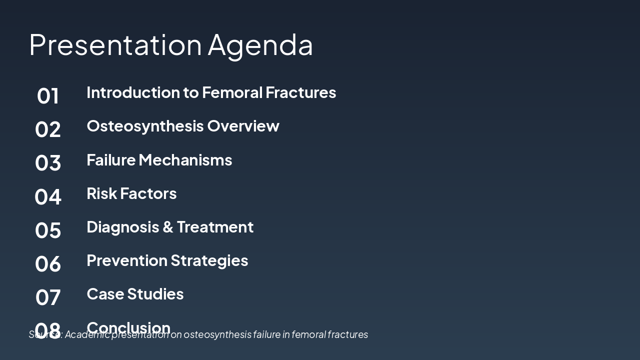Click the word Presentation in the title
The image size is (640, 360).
(x=115, y=44)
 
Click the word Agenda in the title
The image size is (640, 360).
(x=260, y=44)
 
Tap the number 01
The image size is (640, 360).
(x=48, y=96)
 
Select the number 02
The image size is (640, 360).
(x=48, y=129)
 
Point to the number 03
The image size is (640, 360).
(x=48, y=163)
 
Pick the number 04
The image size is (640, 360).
(x=48, y=196)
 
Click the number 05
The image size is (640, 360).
(x=48, y=230)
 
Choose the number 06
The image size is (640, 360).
(x=48, y=263)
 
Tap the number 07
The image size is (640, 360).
(x=48, y=297)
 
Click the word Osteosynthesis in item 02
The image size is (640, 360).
(x=145, y=126)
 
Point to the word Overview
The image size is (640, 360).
(x=243, y=126)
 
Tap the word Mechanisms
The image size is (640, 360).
(x=185, y=160)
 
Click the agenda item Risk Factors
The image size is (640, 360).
(x=131, y=193)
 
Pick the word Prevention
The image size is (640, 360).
(x=127, y=260)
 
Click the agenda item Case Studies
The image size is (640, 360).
(x=135, y=294)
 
